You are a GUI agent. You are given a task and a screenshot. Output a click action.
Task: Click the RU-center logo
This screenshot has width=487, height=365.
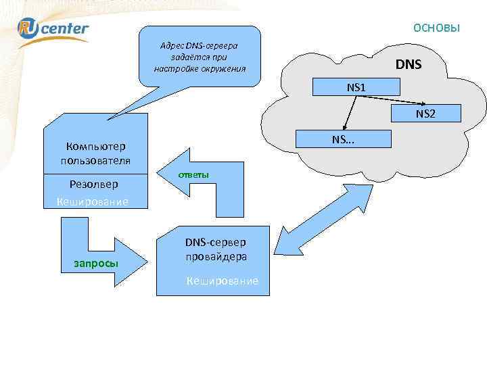[53, 28]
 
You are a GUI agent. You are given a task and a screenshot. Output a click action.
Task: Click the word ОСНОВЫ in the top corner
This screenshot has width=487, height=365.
[436, 28]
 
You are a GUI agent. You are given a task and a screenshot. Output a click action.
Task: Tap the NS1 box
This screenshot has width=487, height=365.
[356, 87]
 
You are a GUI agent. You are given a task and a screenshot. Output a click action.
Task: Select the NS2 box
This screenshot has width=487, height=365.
[425, 114]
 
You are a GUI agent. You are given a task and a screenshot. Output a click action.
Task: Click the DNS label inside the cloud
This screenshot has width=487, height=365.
[408, 65]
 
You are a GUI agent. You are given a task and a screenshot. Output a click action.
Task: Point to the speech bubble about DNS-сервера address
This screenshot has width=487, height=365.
[200, 57]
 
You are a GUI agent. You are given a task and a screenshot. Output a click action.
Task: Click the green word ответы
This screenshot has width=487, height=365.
[193, 175]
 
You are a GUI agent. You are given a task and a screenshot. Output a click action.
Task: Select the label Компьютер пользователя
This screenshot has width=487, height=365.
[95, 153]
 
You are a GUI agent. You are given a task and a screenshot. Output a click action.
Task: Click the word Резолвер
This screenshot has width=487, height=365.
[93, 184]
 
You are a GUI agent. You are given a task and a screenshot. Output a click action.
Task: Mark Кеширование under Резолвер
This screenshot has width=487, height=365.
[92, 201]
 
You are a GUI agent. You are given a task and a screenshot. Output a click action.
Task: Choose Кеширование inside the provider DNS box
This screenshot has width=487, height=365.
[222, 281]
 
